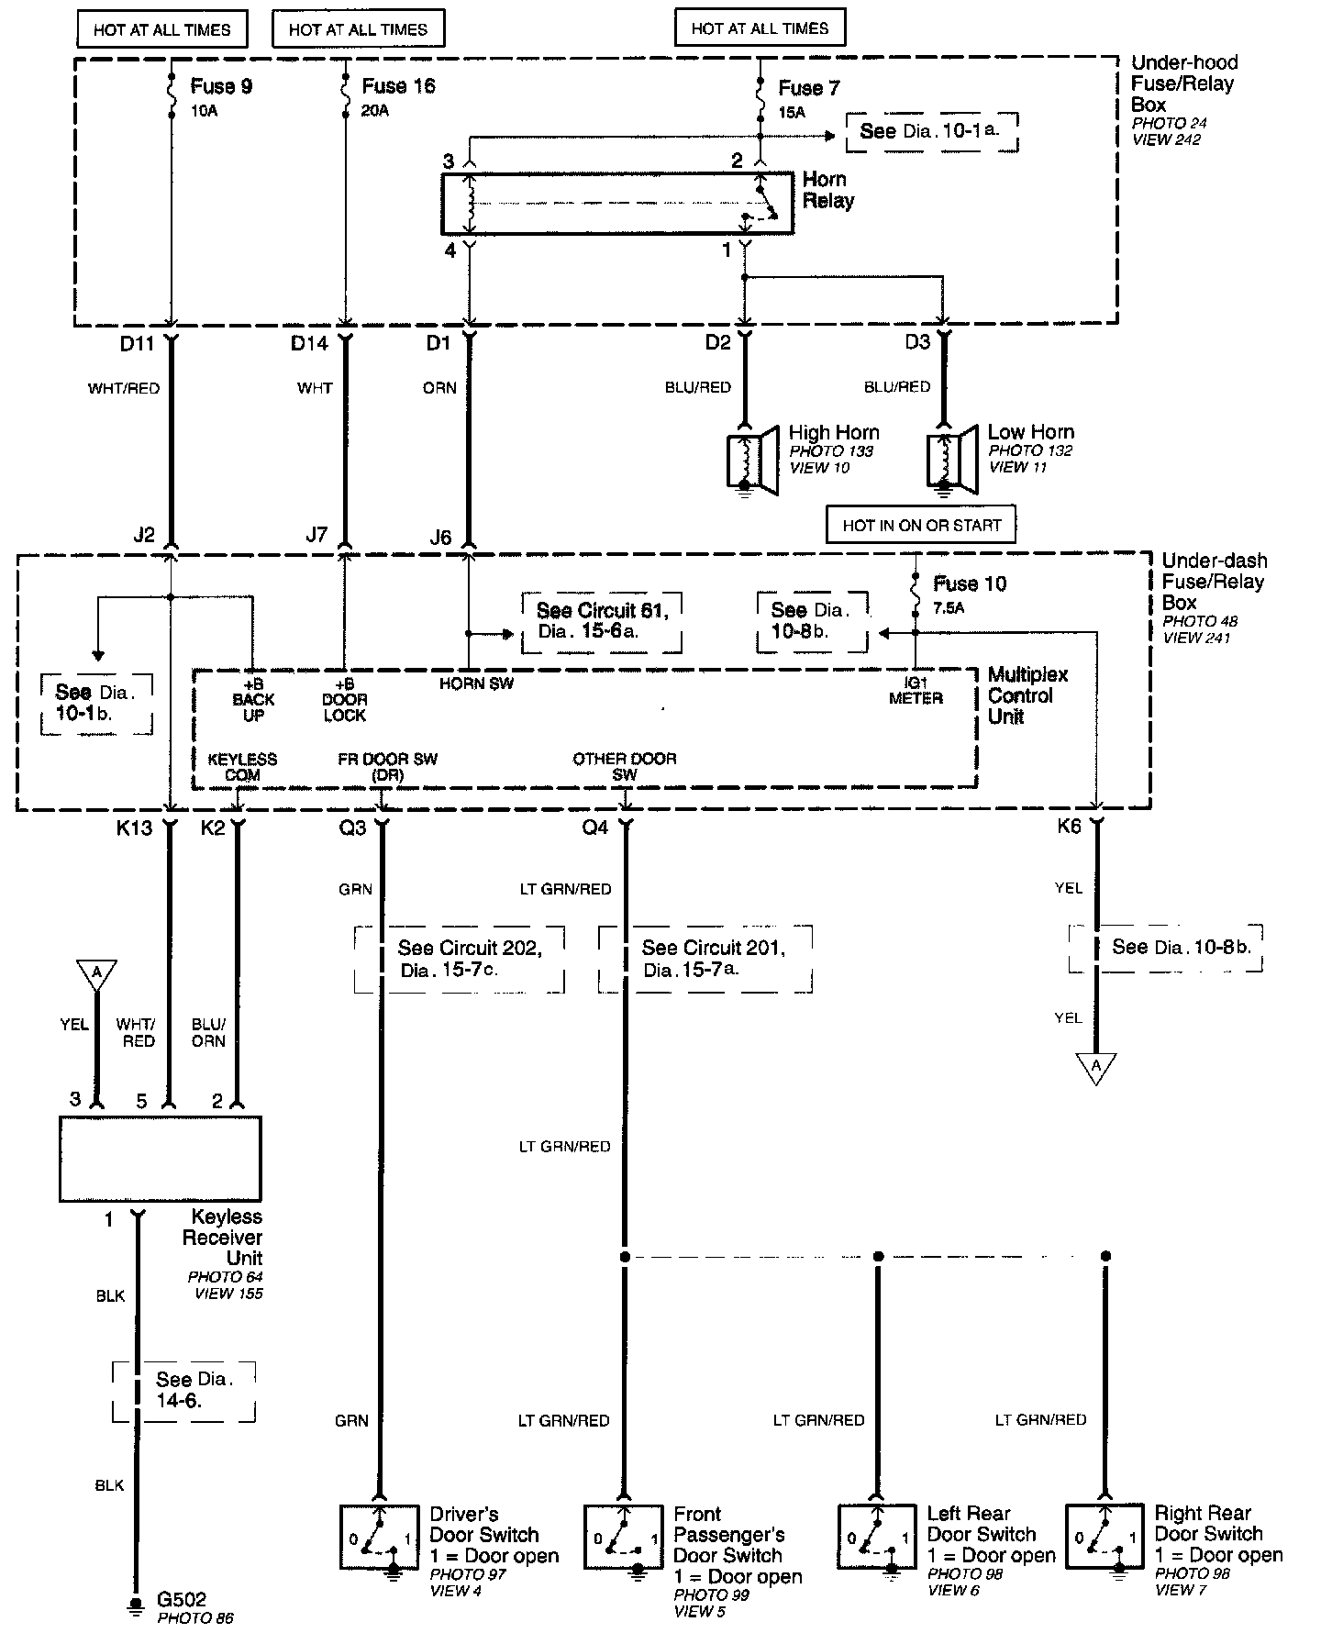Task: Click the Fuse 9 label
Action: click(221, 87)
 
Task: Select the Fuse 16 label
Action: click(398, 86)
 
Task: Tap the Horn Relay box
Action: click(616, 203)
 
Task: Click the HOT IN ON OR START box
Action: click(921, 526)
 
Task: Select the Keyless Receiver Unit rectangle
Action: click(161, 1159)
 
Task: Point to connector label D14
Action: click(309, 343)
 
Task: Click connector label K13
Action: click(134, 828)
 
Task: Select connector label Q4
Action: click(595, 828)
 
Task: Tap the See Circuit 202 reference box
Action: click(460, 959)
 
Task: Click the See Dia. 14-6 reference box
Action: click(184, 1391)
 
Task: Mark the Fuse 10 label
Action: click(969, 583)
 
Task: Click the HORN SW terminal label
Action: click(476, 683)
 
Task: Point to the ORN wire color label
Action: click(439, 388)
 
